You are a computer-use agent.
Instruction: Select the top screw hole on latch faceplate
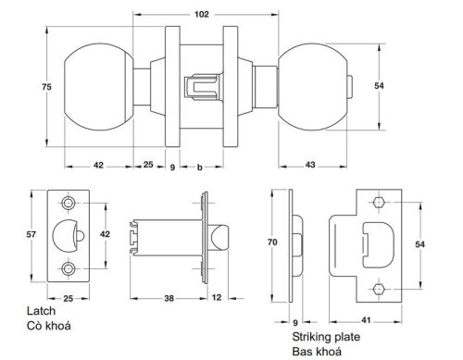70,204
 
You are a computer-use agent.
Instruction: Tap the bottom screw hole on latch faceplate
70,268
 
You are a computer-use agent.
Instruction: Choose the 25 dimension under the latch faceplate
69,298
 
